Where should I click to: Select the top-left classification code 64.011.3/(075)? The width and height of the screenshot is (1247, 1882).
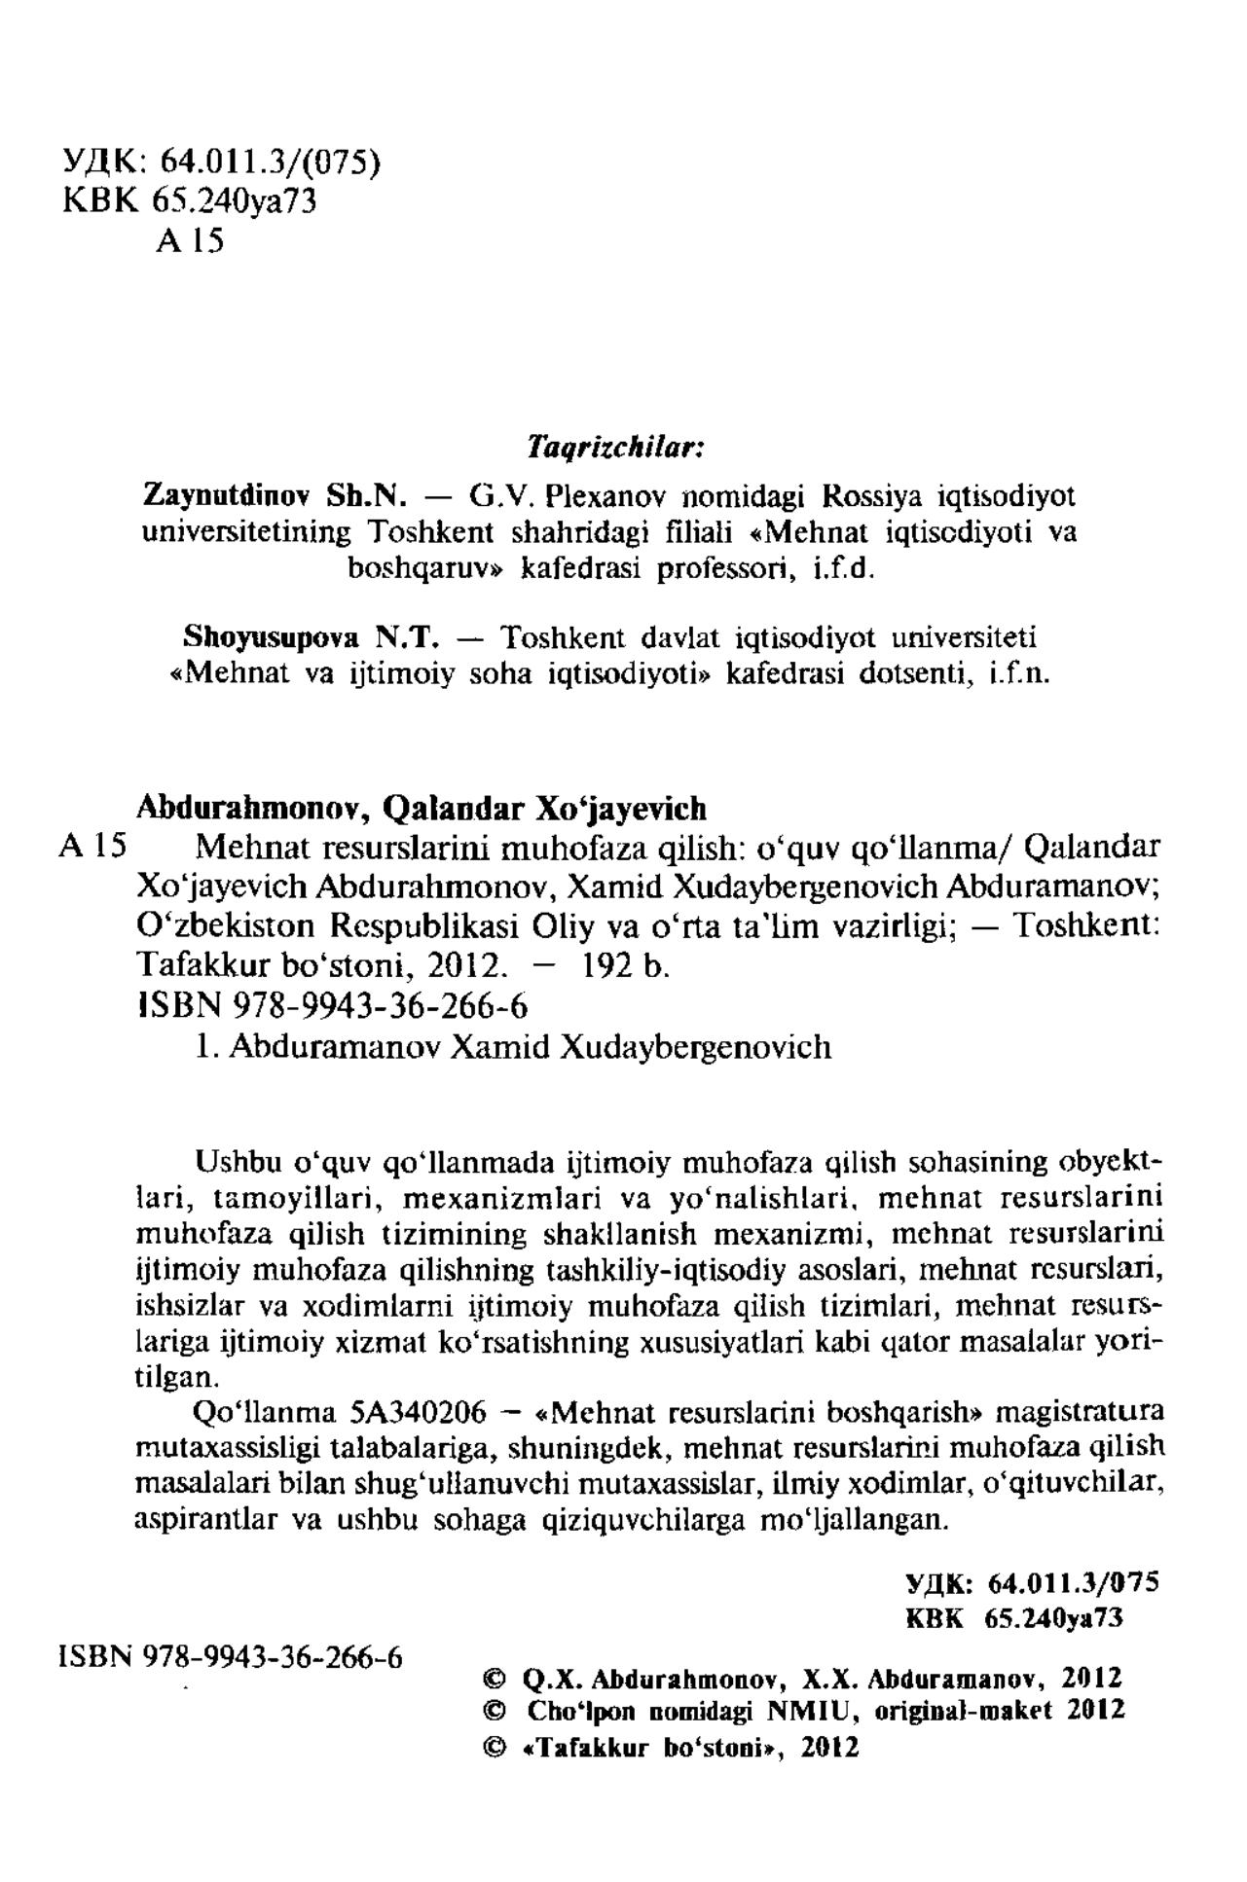click(x=270, y=159)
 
